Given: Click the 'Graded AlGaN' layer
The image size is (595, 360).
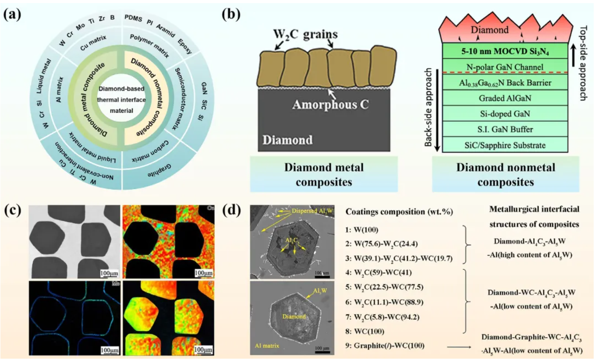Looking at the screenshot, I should coord(504,98).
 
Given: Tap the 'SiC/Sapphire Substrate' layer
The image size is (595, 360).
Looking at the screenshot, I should coord(504,145).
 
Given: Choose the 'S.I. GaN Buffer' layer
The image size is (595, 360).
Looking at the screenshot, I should coord(504,129).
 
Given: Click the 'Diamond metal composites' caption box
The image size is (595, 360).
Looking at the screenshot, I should coord(323,174).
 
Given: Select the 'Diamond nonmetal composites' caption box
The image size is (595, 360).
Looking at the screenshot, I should coord(505,174).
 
